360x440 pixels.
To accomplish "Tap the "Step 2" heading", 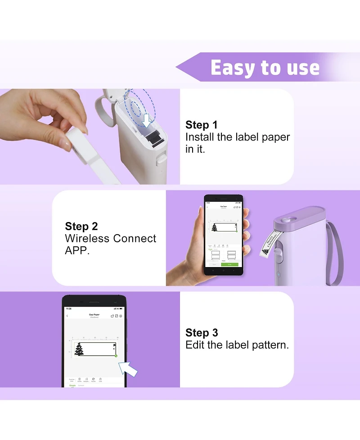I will point(81,226).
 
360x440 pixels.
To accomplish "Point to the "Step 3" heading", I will point(202,333).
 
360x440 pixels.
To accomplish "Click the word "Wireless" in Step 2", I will point(88,239).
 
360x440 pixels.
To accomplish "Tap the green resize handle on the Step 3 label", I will point(116,356).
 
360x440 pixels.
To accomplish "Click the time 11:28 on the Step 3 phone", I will point(68,308).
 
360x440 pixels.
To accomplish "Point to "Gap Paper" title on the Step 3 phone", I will point(94,314).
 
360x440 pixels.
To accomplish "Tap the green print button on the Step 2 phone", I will point(229,264).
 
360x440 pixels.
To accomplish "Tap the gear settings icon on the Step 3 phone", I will point(121,316).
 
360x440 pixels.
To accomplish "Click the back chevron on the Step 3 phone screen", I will point(67,316).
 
